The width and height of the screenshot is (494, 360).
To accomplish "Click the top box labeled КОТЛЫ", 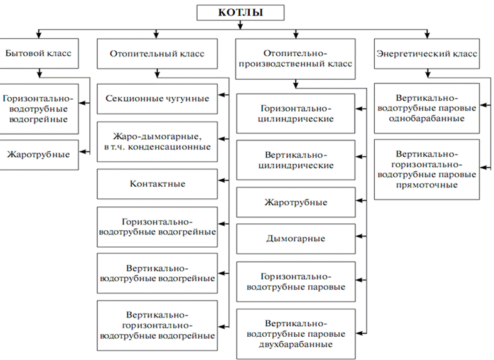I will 240,13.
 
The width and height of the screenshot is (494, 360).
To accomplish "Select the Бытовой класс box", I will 39,54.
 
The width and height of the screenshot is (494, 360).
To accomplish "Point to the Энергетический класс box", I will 426,54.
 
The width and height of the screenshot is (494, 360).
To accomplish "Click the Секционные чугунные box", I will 157,98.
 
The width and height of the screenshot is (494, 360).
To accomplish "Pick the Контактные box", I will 157,184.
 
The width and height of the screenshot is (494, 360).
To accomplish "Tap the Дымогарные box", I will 296,238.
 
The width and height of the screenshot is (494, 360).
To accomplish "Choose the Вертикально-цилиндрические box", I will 296,160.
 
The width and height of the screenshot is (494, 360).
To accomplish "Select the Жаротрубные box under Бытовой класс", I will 39,155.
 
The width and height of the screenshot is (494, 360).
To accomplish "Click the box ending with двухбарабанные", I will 296,333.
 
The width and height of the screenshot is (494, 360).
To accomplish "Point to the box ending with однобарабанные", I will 426,108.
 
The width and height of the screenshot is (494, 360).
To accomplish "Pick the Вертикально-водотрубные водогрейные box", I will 157,273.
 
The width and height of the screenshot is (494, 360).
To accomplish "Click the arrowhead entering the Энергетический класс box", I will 427,36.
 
